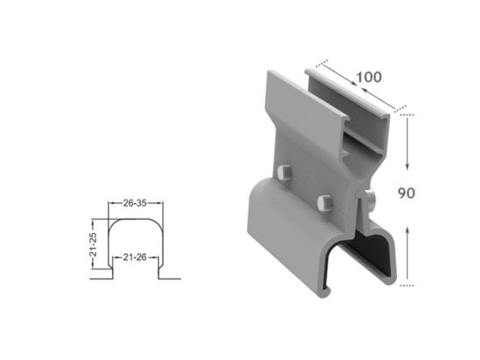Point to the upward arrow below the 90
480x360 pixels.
tap(407, 253)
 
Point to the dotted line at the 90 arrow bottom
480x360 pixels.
tap(406, 285)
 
